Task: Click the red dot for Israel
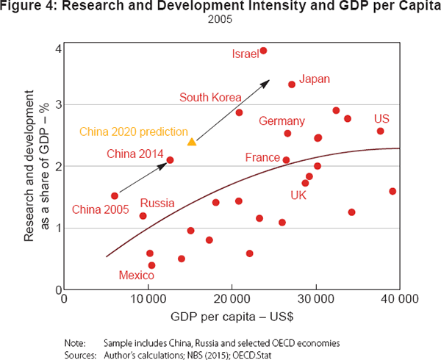263,51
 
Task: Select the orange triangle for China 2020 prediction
192,141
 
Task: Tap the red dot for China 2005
115,195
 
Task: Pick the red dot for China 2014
170,159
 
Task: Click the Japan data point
292,84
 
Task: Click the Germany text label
282,121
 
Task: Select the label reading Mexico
136,276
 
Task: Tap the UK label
298,195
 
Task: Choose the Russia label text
157,203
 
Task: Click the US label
381,119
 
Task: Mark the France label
262,158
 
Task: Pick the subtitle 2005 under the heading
220,21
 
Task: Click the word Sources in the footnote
80,355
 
